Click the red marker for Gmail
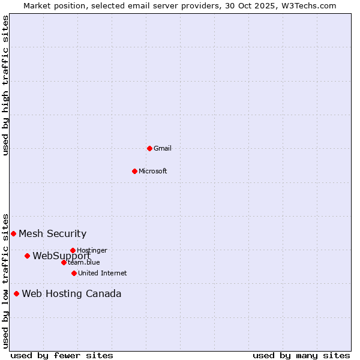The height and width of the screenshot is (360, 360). coord(149,148)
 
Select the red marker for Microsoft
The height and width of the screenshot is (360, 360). coord(134,171)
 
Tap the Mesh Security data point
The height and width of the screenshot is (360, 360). coord(13,233)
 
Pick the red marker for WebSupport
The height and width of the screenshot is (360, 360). coord(27,256)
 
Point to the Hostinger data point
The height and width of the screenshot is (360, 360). coord(73,250)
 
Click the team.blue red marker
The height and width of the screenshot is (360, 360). coord(64,262)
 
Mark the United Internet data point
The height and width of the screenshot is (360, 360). coord(74,273)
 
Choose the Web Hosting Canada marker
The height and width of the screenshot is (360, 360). coord(16,293)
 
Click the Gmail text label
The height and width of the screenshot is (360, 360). coord(163,148)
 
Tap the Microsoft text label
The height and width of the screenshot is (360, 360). coord(153,171)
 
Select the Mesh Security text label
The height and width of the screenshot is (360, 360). coord(53,234)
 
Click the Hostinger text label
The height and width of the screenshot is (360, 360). coord(92,250)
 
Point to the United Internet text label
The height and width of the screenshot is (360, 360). coord(103,273)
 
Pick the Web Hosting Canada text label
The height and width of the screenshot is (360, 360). coord(71,294)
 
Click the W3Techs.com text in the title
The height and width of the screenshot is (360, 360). coord(310,5)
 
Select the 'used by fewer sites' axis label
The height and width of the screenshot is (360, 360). coord(62,355)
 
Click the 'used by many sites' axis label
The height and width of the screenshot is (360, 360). coord(301,355)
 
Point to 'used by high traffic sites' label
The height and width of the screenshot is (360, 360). coord(5,86)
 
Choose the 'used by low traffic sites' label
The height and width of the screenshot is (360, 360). coord(5,280)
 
